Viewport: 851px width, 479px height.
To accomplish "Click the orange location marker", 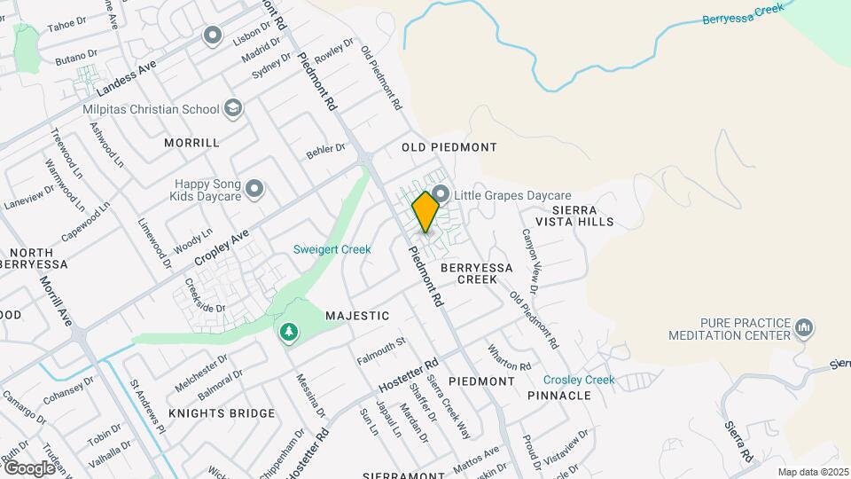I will click(425, 211).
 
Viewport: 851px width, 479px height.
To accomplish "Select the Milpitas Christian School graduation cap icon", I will click(233, 108).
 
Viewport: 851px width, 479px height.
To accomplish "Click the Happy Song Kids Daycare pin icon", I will click(255, 188).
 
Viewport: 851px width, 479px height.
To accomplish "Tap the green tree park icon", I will click(288, 333).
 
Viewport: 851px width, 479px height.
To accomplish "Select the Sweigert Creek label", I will click(332, 249).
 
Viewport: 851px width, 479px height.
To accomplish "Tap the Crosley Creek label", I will click(579, 380).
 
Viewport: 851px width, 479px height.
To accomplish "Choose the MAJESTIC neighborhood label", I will click(357, 316).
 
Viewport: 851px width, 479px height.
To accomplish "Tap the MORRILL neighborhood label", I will click(191, 142).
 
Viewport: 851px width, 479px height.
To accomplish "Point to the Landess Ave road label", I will click(126, 78).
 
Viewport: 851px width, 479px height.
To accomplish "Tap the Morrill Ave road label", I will click(55, 300).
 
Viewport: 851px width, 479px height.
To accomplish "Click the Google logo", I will click(28, 467).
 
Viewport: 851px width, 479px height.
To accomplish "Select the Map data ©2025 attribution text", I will click(812, 472).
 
